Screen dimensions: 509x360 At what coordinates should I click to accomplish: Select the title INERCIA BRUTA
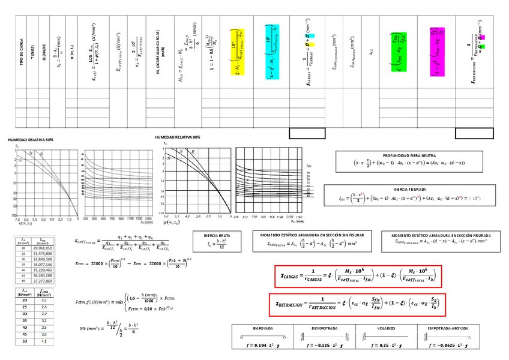(x=217, y=235)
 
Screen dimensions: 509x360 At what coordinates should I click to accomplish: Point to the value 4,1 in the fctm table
(x=44, y=341)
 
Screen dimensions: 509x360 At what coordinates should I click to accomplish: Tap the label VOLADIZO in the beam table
(x=385, y=328)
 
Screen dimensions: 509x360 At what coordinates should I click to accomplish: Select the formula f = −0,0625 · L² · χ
(x=447, y=346)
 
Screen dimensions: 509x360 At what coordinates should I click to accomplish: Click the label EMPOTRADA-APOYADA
(x=447, y=328)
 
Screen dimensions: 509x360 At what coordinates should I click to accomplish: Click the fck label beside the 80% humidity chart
(x=309, y=165)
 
